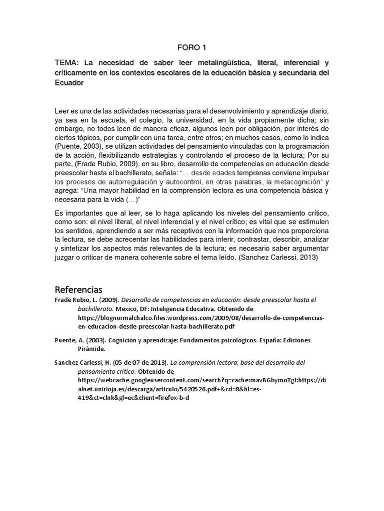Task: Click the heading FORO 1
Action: coord(191,47)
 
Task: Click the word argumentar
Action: coord(307,249)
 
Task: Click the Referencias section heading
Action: coord(78,289)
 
